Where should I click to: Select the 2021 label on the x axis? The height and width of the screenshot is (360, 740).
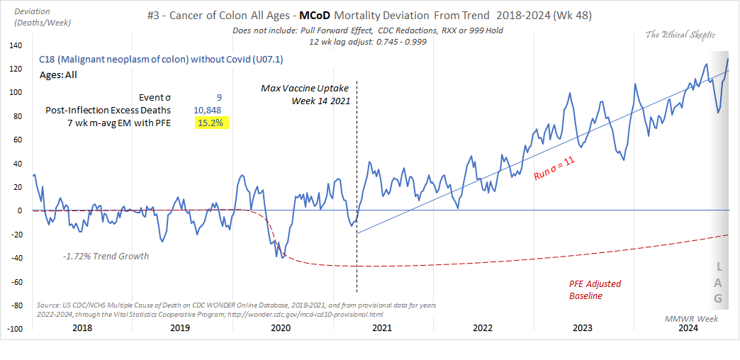(383, 328)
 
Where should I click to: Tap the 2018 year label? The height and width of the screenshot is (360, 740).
(82, 328)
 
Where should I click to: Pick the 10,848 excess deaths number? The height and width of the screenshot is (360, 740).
(211, 110)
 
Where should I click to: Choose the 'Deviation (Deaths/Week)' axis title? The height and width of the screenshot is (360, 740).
(35, 17)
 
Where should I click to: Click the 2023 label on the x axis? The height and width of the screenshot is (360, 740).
(583, 328)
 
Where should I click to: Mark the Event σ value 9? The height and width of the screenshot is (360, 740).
(220, 97)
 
